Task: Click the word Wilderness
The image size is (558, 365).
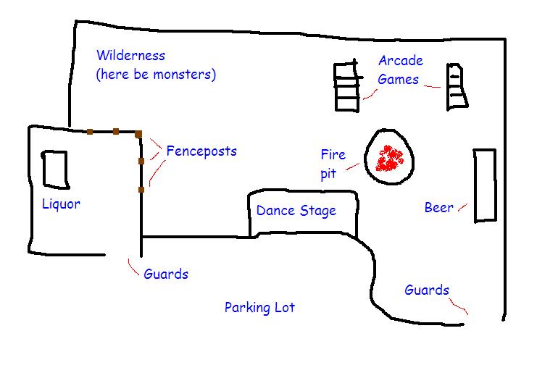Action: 130,55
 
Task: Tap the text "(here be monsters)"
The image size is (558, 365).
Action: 156,75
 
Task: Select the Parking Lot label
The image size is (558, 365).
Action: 259,307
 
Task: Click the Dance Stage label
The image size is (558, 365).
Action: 296,210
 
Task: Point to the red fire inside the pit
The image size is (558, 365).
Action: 389,159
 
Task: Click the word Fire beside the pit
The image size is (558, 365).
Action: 333,154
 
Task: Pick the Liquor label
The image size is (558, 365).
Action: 61,204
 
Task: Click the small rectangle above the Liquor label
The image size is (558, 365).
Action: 55,169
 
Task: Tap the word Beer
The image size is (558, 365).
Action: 438,207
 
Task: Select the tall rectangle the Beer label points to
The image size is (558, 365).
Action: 485,185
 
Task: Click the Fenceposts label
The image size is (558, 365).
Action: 201,151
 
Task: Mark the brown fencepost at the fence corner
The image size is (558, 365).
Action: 138,134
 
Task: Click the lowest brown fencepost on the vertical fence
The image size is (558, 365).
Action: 141,190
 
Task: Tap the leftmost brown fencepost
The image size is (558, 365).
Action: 90,132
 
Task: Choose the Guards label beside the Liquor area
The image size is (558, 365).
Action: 166,274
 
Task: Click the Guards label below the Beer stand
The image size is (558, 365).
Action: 427,290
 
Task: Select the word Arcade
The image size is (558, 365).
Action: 401,61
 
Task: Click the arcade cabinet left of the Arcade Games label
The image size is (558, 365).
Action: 348,86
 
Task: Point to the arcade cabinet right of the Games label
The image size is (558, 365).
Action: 457,86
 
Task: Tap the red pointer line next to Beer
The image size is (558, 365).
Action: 462,207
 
